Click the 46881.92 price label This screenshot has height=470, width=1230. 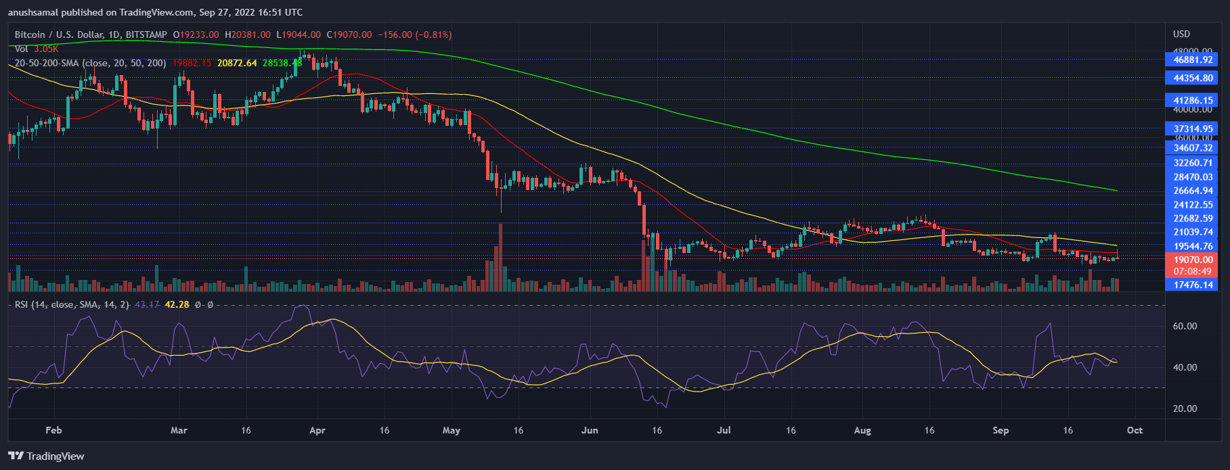(1193, 60)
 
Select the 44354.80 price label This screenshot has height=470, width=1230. (1193, 78)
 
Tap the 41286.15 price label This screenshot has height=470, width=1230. (1193, 100)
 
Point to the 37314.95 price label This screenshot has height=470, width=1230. (1193, 128)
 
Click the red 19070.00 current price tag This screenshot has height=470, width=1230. (1193, 260)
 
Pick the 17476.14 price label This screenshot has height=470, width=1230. (1193, 285)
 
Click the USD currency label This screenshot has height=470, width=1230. (1181, 34)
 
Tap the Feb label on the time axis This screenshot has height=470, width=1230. (53, 430)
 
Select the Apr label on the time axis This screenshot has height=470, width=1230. (317, 430)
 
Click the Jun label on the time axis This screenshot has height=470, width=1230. (590, 430)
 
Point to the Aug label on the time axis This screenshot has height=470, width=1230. (862, 430)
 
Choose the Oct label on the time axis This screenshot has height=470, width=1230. (1135, 430)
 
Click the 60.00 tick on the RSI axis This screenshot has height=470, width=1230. (1185, 326)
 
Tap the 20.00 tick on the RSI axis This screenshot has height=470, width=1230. (1185, 408)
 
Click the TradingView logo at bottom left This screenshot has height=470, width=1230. (46, 456)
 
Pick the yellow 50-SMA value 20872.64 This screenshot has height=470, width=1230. (237, 63)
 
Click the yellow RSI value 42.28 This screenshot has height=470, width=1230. (177, 305)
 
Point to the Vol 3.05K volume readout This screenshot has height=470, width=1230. (37, 49)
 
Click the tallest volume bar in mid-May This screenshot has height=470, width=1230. (501, 257)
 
